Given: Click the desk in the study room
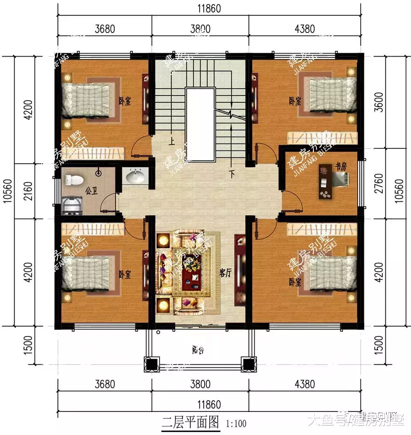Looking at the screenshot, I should click(x=324, y=182).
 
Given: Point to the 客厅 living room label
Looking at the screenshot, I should click(x=225, y=273).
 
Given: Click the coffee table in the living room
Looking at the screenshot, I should click(x=190, y=273).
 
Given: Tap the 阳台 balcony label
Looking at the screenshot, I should click(x=198, y=351).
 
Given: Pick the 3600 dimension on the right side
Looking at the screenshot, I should click(x=378, y=102).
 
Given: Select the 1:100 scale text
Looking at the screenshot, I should click(x=235, y=424).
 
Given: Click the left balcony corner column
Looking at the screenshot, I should click(x=151, y=364).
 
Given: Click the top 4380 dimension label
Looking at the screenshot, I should click(x=305, y=29).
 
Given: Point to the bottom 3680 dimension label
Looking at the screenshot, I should click(x=104, y=384).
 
